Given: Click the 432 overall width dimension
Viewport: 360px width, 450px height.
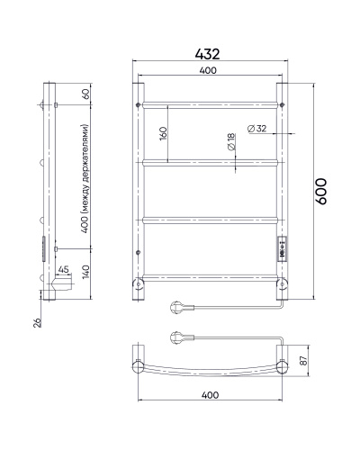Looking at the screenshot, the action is (207, 54).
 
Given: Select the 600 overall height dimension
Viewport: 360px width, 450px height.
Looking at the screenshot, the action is (320, 192).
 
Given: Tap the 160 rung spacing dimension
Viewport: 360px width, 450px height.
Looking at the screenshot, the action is (163, 134).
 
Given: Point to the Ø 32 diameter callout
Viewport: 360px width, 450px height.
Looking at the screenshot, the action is (256, 129).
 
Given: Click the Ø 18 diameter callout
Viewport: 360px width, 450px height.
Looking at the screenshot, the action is (231, 142).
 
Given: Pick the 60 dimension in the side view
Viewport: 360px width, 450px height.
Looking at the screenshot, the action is (85, 94).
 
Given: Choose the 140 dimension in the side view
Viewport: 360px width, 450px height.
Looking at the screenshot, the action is (85, 272).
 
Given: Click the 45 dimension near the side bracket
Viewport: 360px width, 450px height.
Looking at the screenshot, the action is (63, 269).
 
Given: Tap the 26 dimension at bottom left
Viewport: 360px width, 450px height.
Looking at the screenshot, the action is (38, 322).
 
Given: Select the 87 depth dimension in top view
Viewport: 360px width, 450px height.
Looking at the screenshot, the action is (304, 360).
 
